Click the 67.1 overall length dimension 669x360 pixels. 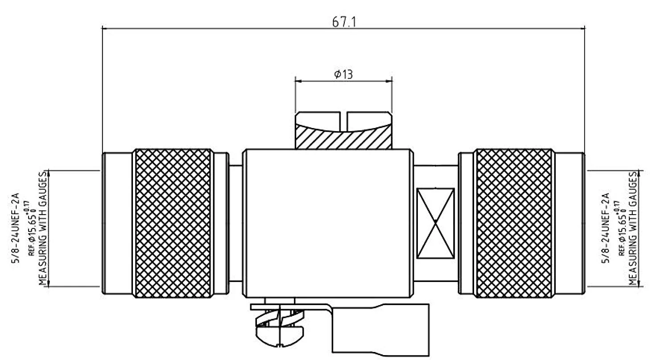(x=343, y=21)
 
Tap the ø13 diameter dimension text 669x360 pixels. (x=343, y=74)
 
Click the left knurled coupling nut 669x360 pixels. (x=173, y=223)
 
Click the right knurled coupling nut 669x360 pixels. (x=514, y=223)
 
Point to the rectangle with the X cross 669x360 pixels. (x=435, y=223)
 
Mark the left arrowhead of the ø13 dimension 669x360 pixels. (x=298, y=81)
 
